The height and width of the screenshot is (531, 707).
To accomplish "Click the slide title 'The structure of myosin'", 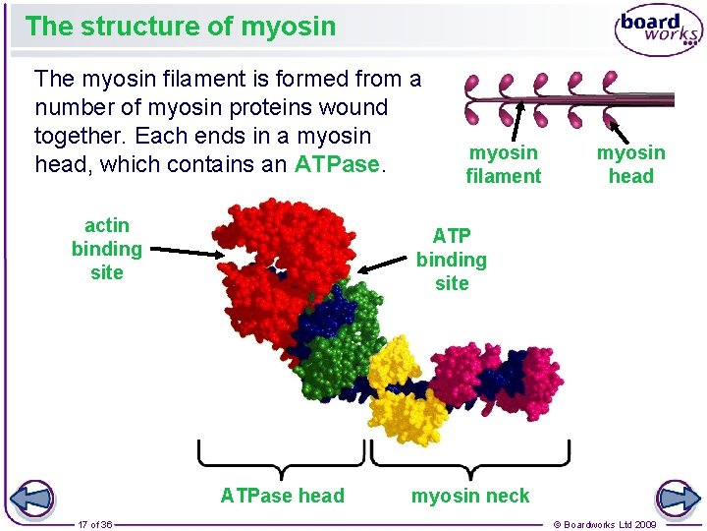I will click(x=181, y=27).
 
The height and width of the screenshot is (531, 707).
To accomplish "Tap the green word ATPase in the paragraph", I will click(x=336, y=164).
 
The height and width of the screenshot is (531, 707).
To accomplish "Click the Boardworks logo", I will click(x=657, y=30).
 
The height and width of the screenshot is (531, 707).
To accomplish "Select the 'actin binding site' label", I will click(x=106, y=249).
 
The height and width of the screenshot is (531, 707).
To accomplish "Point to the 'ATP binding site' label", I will click(x=451, y=260).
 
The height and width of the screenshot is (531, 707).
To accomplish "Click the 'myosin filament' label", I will click(x=503, y=164).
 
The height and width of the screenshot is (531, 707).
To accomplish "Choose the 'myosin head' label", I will click(x=630, y=164).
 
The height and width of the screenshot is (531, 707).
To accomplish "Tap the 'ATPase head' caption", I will click(x=282, y=496).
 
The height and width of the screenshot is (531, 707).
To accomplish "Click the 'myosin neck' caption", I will click(x=469, y=496).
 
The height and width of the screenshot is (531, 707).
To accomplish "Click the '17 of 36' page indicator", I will click(x=95, y=524).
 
